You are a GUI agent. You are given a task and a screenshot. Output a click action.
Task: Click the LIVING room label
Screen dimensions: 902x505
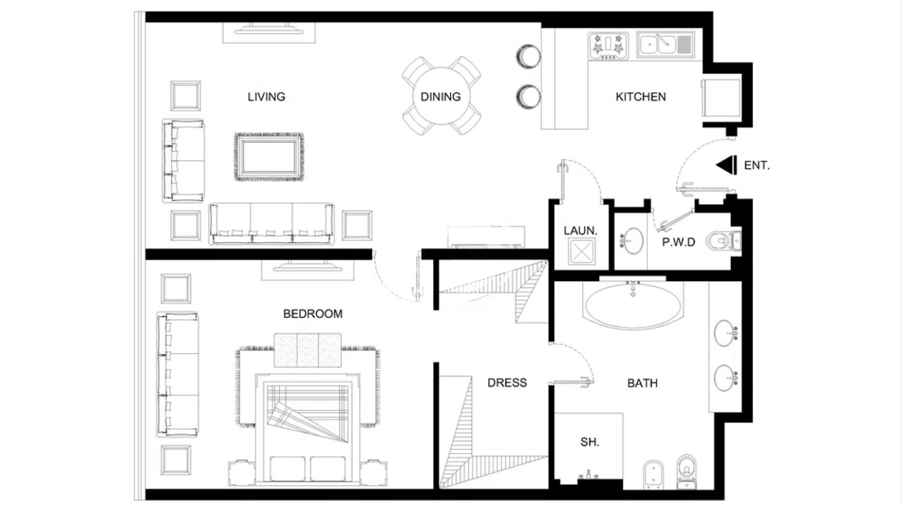pos(266,97)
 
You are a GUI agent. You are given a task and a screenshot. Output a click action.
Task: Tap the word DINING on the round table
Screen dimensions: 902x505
pos(440,97)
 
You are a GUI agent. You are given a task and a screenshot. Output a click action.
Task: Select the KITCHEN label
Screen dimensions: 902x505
pos(641,97)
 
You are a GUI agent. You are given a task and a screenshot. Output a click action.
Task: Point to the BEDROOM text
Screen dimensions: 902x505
pos(312,314)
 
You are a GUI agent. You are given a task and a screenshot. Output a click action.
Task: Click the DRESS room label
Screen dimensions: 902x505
pos(507,383)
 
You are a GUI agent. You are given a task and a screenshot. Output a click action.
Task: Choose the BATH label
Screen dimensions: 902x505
pos(643,383)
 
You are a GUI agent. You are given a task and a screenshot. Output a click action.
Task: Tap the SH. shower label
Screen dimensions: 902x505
pos(590,442)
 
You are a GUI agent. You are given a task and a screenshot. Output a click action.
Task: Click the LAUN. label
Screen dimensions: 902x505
pos(580,231)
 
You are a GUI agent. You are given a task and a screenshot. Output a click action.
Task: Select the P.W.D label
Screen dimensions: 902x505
pos(678,242)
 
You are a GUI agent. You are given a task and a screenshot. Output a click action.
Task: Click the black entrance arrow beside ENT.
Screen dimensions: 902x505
pos(726,165)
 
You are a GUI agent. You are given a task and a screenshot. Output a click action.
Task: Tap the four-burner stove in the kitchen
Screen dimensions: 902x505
pos(608,46)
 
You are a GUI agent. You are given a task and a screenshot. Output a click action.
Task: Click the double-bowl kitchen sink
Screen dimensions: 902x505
pos(665,45)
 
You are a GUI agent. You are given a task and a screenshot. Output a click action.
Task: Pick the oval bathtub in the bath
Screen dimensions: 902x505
pos(633,305)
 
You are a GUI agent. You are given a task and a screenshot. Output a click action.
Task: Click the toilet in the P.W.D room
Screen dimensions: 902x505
pos(723,241)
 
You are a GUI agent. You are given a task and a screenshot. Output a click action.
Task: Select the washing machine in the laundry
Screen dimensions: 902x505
pos(581,251)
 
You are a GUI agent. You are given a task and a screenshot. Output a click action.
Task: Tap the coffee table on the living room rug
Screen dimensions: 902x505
pos(268,157)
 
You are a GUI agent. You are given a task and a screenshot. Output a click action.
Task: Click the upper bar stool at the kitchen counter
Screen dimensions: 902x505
pos(528,56)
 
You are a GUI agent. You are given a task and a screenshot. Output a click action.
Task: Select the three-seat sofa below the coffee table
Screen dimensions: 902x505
pos(271,223)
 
